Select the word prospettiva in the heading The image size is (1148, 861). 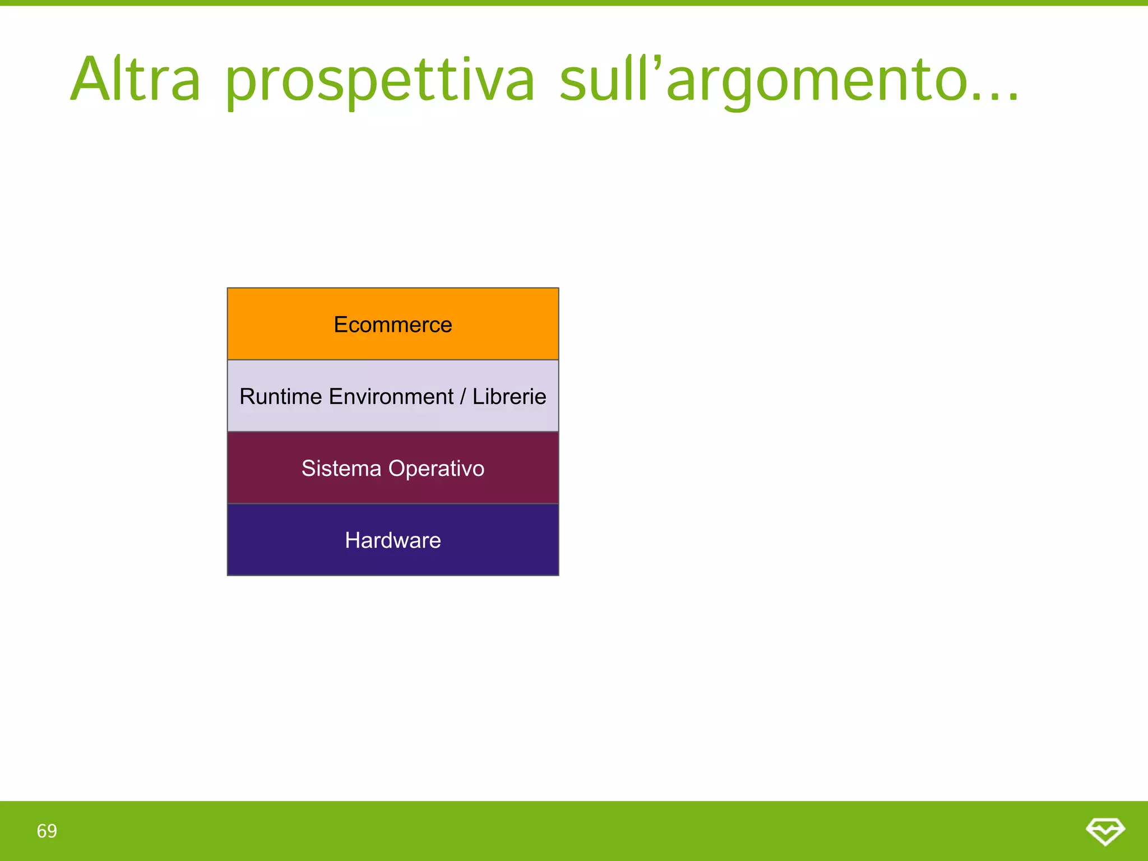(x=380, y=82)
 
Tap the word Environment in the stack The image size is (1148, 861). (x=391, y=397)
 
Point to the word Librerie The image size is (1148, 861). (x=509, y=397)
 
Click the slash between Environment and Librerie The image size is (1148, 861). (x=462, y=397)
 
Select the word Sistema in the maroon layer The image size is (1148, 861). (x=341, y=469)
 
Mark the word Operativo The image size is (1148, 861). (x=436, y=469)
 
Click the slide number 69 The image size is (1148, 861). (x=47, y=831)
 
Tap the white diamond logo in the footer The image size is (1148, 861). (x=1105, y=831)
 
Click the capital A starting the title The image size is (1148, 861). (x=90, y=80)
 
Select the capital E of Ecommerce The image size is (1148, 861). (x=340, y=325)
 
